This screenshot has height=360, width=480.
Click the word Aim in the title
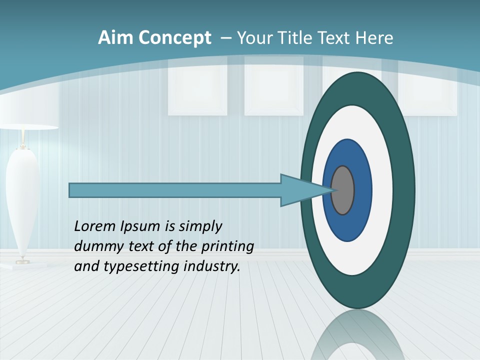pyautogui.click(x=116, y=38)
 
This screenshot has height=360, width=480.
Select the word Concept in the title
pyautogui.click(x=175, y=38)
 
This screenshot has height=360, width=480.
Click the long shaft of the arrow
pyautogui.click(x=175, y=190)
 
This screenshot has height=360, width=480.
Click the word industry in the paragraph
pyautogui.click(x=212, y=266)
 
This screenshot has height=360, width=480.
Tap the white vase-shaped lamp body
pyautogui.click(x=22, y=200)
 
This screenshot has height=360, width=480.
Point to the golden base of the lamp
pyautogui.click(x=22, y=260)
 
